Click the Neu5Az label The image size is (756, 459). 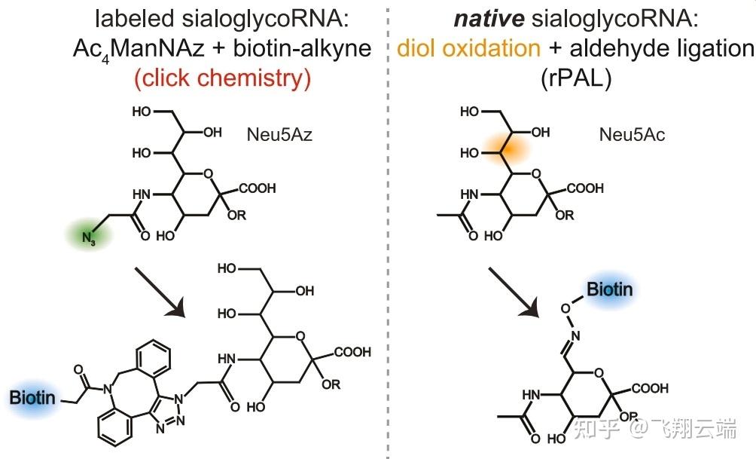[279, 136]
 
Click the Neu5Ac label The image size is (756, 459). [632, 136]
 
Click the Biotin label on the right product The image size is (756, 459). [610, 289]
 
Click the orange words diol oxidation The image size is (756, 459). [468, 49]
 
